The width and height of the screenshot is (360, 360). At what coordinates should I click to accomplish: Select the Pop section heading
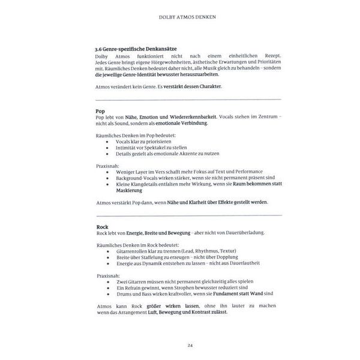101,112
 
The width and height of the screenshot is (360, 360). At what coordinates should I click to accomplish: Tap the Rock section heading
102,227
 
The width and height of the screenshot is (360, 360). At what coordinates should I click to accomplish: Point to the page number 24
180,345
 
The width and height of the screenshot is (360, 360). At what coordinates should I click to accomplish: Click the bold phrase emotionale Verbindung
179,124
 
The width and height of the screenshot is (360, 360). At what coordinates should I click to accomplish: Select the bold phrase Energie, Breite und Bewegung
154,233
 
